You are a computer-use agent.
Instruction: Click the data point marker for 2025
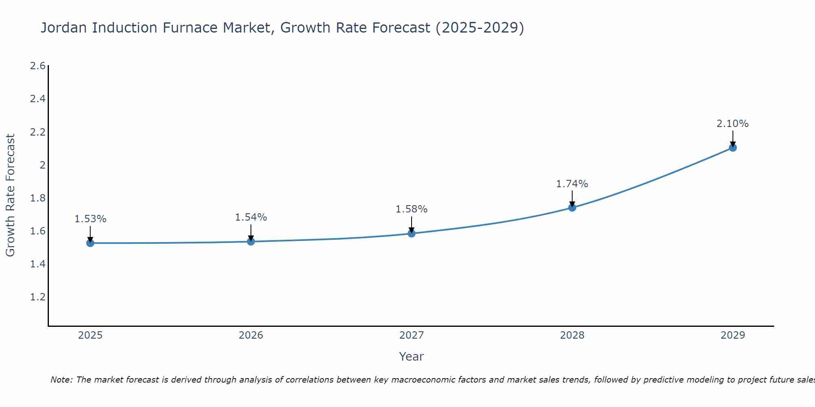click(90, 243)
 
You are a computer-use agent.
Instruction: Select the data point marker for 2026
click(251, 241)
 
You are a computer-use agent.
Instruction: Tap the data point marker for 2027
click(411, 233)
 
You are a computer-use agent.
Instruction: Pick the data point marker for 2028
click(572, 208)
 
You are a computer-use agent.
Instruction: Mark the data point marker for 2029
click(732, 147)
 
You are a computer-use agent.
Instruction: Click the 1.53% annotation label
click(90, 219)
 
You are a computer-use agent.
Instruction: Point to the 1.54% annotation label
click(251, 217)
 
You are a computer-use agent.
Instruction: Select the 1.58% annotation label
click(411, 209)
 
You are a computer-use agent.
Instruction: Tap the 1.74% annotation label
click(572, 184)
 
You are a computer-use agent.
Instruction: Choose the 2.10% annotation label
click(732, 124)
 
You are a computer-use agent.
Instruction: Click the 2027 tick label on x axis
click(411, 335)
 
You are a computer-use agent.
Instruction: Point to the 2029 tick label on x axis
click(732, 335)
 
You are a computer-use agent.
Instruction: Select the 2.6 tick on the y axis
click(37, 66)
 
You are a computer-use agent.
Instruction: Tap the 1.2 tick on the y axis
click(37, 297)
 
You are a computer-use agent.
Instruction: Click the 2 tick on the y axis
click(42, 165)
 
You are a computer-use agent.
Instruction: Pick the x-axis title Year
click(411, 357)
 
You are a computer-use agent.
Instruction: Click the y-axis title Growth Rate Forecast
click(10, 195)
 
